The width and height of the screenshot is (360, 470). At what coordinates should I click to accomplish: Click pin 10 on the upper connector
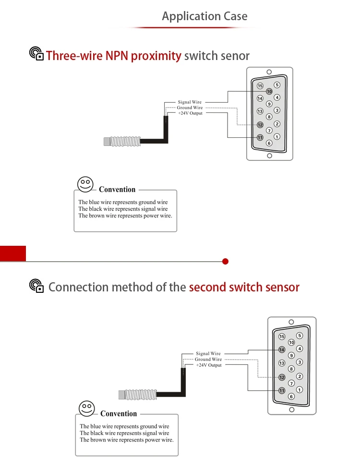click(x=269, y=91)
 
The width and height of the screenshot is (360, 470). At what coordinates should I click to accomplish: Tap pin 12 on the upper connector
click(x=260, y=125)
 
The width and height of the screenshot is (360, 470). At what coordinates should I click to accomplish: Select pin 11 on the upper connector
click(x=260, y=138)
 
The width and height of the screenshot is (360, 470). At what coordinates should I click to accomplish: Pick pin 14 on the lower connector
click(x=282, y=349)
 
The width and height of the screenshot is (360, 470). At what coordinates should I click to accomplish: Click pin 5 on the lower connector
click(x=300, y=336)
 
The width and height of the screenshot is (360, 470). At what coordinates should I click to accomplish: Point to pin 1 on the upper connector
click(x=277, y=137)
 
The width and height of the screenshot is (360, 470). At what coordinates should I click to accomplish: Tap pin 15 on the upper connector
click(x=260, y=86)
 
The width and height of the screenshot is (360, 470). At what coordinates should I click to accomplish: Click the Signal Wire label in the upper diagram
click(x=190, y=102)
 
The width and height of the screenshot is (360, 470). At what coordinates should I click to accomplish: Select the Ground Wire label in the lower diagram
click(x=208, y=359)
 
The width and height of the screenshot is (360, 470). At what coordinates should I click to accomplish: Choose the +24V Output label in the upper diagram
click(x=191, y=113)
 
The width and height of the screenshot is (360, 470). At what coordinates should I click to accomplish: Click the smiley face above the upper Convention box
click(x=85, y=184)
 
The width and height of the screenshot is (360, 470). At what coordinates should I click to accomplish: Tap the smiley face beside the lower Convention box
click(x=86, y=408)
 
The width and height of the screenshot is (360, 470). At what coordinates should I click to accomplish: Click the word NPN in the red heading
click(x=117, y=56)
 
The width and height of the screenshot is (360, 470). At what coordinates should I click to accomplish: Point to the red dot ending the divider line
click(x=226, y=261)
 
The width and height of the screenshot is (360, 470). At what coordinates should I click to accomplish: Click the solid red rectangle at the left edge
click(x=13, y=253)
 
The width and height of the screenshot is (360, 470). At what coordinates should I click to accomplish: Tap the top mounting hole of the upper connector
click(x=269, y=72)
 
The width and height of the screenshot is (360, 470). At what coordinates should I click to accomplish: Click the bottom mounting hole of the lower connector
click(x=292, y=410)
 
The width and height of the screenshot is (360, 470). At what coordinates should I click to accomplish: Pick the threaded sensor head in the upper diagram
click(x=122, y=142)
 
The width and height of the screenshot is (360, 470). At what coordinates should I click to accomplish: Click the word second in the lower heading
click(x=207, y=287)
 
